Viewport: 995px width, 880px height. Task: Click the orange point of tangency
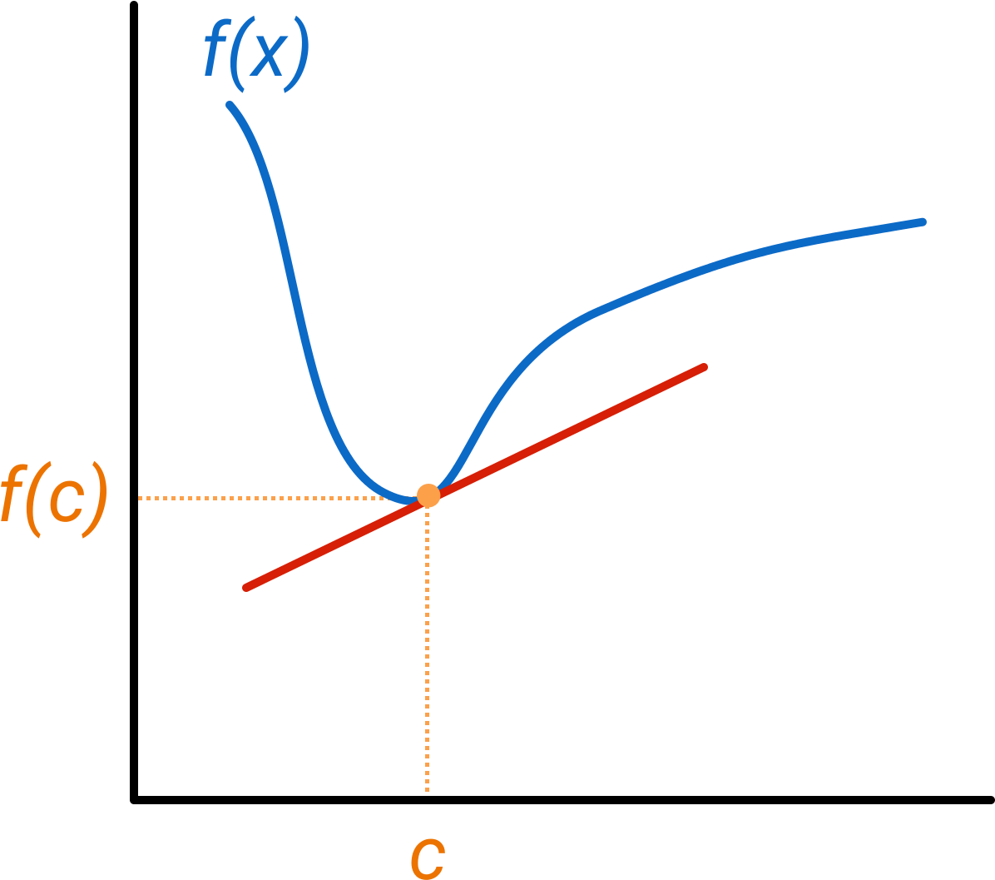coord(428,495)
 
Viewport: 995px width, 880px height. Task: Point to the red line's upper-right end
coord(704,366)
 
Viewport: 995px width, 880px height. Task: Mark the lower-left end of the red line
coord(246,588)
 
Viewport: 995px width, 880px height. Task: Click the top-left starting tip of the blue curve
coord(230,105)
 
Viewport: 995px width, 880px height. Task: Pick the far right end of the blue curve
coord(923,221)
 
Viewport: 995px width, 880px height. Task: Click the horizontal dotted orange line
coord(266,498)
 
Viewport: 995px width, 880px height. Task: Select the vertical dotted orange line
coord(428,649)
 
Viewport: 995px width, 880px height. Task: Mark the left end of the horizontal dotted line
coord(140,498)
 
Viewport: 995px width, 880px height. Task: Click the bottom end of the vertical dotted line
coord(428,789)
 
